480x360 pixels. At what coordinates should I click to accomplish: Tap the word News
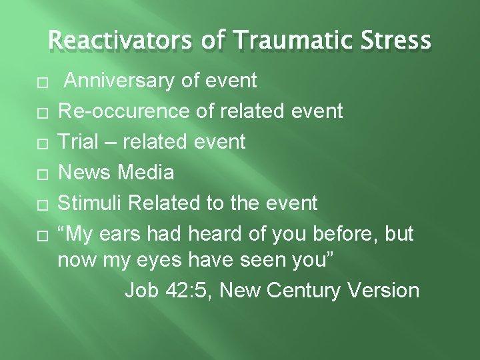click(86, 173)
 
